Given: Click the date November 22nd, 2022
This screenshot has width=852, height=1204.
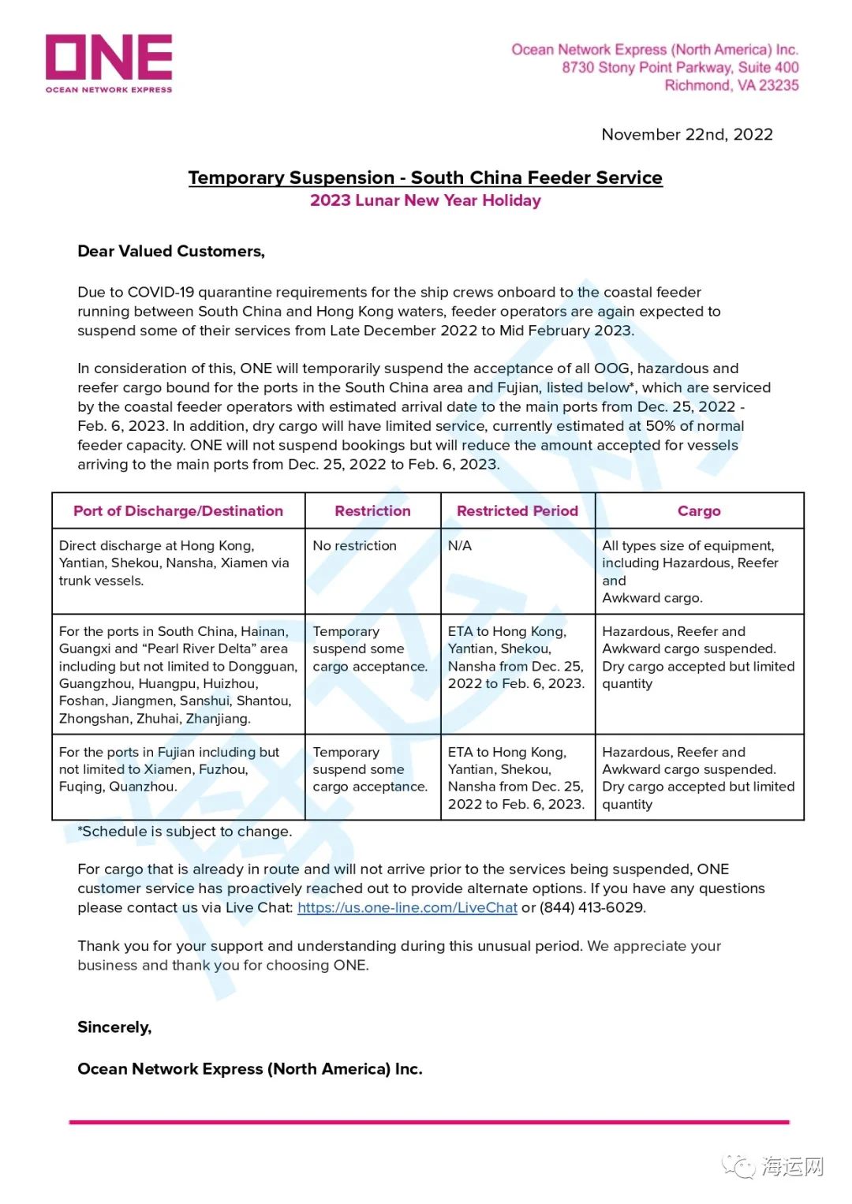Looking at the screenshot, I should point(686,134).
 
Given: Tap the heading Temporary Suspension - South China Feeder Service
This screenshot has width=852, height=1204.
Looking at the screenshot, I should point(425,178).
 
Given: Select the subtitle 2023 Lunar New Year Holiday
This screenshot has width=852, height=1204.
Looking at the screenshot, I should point(425,200).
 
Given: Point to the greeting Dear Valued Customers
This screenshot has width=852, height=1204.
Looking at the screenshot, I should point(171,251).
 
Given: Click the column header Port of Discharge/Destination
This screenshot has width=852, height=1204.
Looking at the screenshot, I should point(178,510).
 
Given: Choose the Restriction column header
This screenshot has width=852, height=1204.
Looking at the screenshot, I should point(372,510).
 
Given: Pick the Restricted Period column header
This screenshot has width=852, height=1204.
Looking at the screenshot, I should point(517,510).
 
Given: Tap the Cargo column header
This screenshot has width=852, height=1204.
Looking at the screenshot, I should point(699,510).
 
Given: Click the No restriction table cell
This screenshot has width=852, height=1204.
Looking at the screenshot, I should point(354,545).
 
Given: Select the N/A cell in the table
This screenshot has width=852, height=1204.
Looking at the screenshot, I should point(460,545).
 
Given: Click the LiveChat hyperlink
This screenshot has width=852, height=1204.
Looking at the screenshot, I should point(407,907).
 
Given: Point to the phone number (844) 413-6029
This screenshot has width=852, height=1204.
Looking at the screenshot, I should point(592,907).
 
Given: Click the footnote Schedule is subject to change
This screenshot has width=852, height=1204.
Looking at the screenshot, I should point(185,831).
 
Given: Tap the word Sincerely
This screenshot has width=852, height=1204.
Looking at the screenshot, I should point(114,1026).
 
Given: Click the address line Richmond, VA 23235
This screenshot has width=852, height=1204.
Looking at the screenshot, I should point(731,85).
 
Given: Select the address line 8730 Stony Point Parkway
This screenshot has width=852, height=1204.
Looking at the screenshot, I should point(680,68).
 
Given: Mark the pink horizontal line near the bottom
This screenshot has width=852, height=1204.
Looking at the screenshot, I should point(429,1121).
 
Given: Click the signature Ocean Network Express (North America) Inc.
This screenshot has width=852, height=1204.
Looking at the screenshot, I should point(250,1068).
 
